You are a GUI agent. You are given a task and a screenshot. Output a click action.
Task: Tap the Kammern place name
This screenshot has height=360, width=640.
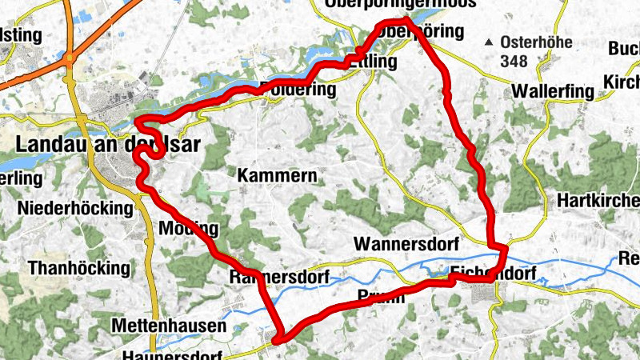[x=278, y=174]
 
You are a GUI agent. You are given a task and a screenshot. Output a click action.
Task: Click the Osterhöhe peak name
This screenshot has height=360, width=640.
[x=537, y=43]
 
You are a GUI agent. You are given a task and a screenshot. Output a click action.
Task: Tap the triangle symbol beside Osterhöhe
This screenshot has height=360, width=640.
[x=489, y=42]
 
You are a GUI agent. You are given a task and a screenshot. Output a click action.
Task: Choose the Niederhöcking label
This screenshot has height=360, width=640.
[x=74, y=209]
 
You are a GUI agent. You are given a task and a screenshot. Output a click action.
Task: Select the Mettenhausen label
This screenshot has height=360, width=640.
[x=169, y=326]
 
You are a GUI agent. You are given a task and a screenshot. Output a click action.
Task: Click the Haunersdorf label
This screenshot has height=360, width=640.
[x=173, y=354]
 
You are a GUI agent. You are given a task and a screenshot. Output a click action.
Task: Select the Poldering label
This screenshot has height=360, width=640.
[x=297, y=90]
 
